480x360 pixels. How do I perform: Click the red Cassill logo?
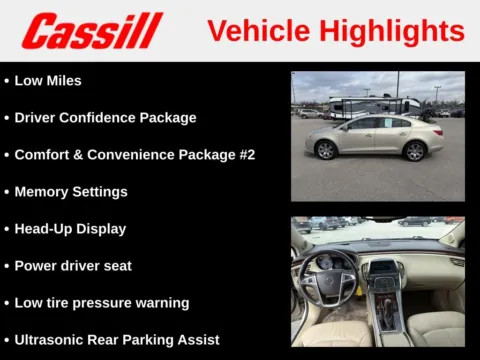91,30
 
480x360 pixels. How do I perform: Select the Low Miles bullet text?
48,80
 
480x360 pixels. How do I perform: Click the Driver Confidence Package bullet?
105,117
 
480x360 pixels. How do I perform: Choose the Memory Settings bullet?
71,191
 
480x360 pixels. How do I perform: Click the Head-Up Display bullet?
70,228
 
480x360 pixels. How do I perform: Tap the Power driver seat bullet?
73,265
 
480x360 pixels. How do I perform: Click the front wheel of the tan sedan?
415,150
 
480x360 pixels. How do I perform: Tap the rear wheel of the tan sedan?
325,150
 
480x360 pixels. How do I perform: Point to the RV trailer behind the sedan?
373,105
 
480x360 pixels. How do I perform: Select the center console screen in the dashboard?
384,267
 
